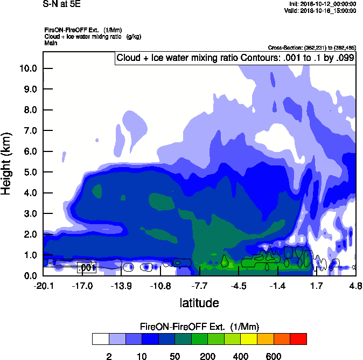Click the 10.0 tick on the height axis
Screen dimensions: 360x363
point(29,68)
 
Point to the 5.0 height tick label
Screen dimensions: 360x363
point(29,172)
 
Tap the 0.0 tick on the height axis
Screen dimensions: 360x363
point(29,275)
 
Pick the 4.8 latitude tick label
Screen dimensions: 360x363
point(355,285)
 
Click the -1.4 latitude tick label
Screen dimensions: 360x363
point(277,285)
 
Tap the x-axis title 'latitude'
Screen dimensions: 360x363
point(199,303)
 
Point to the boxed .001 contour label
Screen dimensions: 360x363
point(86,267)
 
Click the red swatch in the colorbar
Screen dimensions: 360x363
point(298,339)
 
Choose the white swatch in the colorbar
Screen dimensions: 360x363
point(100,339)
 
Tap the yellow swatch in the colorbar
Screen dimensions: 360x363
point(249,339)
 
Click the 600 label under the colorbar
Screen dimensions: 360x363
point(274,356)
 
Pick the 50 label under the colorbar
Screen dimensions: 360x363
point(174,356)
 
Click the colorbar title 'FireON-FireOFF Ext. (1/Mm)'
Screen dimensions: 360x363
point(199,327)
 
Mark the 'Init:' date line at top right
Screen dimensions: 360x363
point(322,4)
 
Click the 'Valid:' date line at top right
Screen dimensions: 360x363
point(320,10)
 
